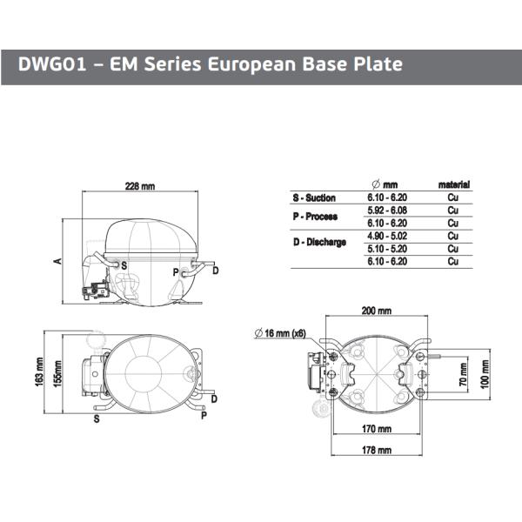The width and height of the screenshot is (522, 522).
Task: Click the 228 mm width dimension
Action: point(140,187)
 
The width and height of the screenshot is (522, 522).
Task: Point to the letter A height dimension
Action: point(58,262)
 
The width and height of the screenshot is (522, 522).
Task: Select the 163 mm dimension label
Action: point(40,374)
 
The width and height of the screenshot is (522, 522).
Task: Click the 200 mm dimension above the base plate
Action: point(377,311)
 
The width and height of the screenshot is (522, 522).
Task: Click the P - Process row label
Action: point(315,216)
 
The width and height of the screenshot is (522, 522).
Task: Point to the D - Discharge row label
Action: point(319,242)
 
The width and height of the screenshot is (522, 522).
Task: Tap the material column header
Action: point(453,184)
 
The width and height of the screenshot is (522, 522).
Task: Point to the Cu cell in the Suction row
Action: point(453,197)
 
